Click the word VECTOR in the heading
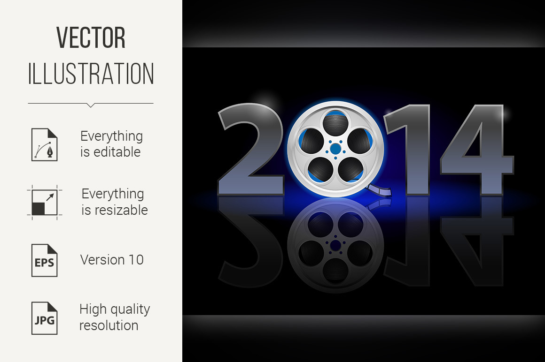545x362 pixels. click(x=91, y=38)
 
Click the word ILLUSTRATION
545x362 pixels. click(x=91, y=74)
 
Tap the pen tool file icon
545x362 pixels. click(x=45, y=144)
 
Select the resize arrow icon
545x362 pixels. click(x=45, y=203)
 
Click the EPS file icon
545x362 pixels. click(x=45, y=260)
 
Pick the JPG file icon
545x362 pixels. click(x=45, y=318)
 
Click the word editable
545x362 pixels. click(x=117, y=152)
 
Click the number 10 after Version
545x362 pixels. click(x=136, y=260)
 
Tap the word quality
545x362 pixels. click(x=129, y=309)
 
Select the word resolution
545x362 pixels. click(x=109, y=325)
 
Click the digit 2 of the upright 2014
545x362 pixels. click(x=251, y=149)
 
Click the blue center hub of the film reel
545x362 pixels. click(x=335, y=149)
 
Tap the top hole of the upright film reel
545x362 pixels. click(x=335, y=124)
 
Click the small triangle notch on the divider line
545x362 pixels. click(x=91, y=105)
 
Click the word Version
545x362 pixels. click(x=102, y=260)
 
